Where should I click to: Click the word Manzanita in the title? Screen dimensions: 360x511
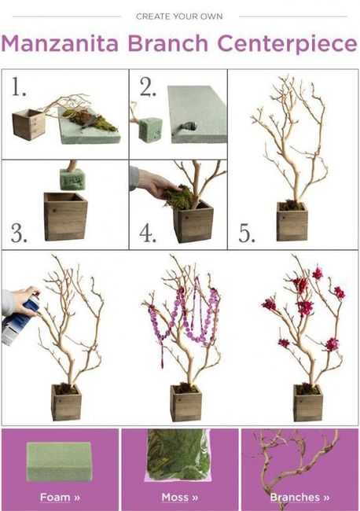(60, 43)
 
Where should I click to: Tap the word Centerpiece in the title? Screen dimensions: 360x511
(287, 44)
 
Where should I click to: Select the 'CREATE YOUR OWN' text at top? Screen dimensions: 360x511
(179, 17)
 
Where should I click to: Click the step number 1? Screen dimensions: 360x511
(18, 86)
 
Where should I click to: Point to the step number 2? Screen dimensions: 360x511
(148, 87)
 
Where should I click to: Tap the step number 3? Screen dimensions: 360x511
(19, 233)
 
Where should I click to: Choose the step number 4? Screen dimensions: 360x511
(148, 233)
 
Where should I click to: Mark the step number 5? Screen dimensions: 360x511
(247, 233)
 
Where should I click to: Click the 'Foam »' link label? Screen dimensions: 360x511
(60, 498)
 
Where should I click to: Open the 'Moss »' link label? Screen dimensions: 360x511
(180, 498)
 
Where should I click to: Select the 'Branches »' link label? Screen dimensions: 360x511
(299, 498)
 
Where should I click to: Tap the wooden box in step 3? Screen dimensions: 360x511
(65, 216)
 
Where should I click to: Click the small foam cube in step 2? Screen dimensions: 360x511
(150, 130)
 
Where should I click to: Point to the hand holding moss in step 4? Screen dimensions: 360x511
(154, 183)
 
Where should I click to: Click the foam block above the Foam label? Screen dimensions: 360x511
(59, 461)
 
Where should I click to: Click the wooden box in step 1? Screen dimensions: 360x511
(28, 125)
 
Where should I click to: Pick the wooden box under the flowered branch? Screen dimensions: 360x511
(308, 403)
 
